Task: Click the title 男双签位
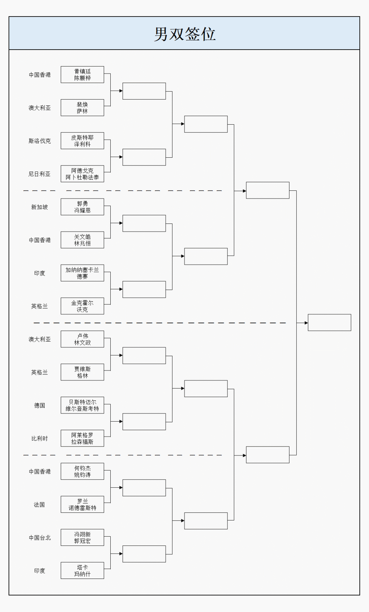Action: click(x=184, y=34)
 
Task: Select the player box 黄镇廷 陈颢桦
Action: click(x=82, y=75)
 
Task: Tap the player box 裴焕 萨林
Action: click(x=82, y=108)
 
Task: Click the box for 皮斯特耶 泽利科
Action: click(x=82, y=141)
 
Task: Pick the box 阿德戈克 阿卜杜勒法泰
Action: click(x=82, y=174)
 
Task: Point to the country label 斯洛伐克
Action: click(x=40, y=141)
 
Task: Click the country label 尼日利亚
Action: click(x=40, y=174)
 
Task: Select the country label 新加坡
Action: click(x=40, y=207)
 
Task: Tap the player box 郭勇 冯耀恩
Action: click(x=82, y=207)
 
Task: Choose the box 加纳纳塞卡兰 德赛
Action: click(x=82, y=273)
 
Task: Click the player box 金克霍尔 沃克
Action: click(x=82, y=306)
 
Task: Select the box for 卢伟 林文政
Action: click(x=82, y=339)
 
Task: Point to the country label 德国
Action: click(x=40, y=405)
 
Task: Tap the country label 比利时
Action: click(x=40, y=439)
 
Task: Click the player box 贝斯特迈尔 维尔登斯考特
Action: click(x=82, y=405)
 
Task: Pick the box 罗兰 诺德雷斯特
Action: click(x=82, y=504)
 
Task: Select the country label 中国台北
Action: click(x=40, y=537)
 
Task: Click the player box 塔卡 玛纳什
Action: click(x=82, y=570)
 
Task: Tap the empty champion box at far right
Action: click(x=329, y=322)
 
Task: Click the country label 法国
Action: click(x=40, y=504)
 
